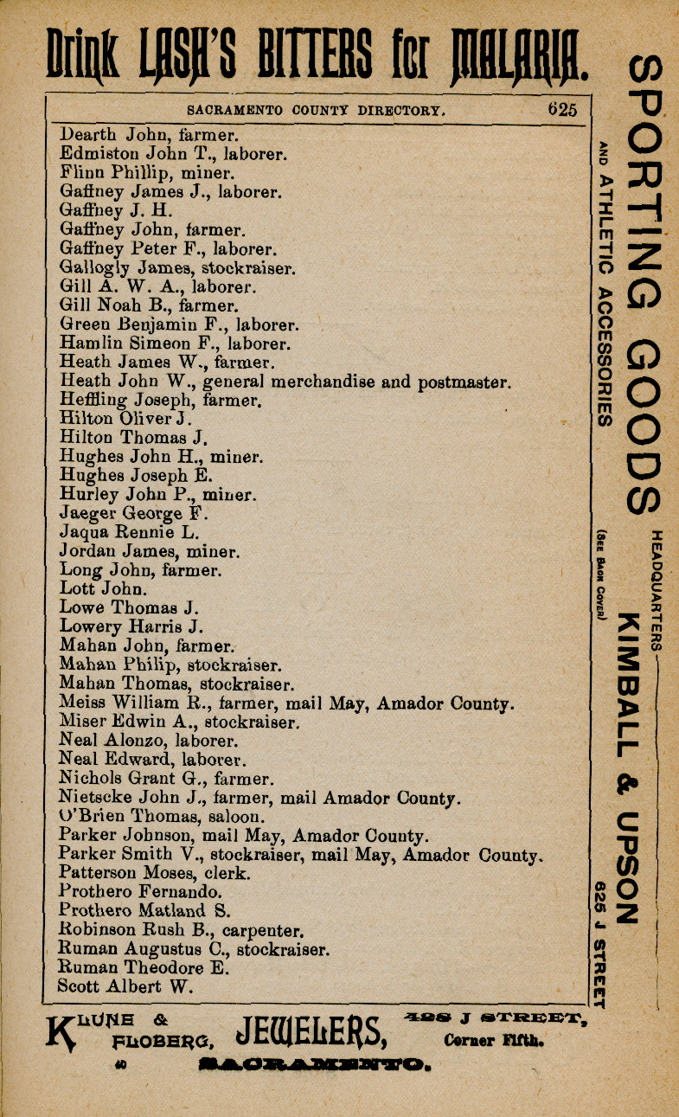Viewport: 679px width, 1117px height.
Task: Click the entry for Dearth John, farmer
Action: click(149, 135)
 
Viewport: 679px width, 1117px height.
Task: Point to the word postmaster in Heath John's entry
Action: click(467, 382)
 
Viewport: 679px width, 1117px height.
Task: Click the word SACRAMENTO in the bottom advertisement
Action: click(312, 1064)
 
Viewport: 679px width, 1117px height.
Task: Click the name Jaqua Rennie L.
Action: click(129, 533)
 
